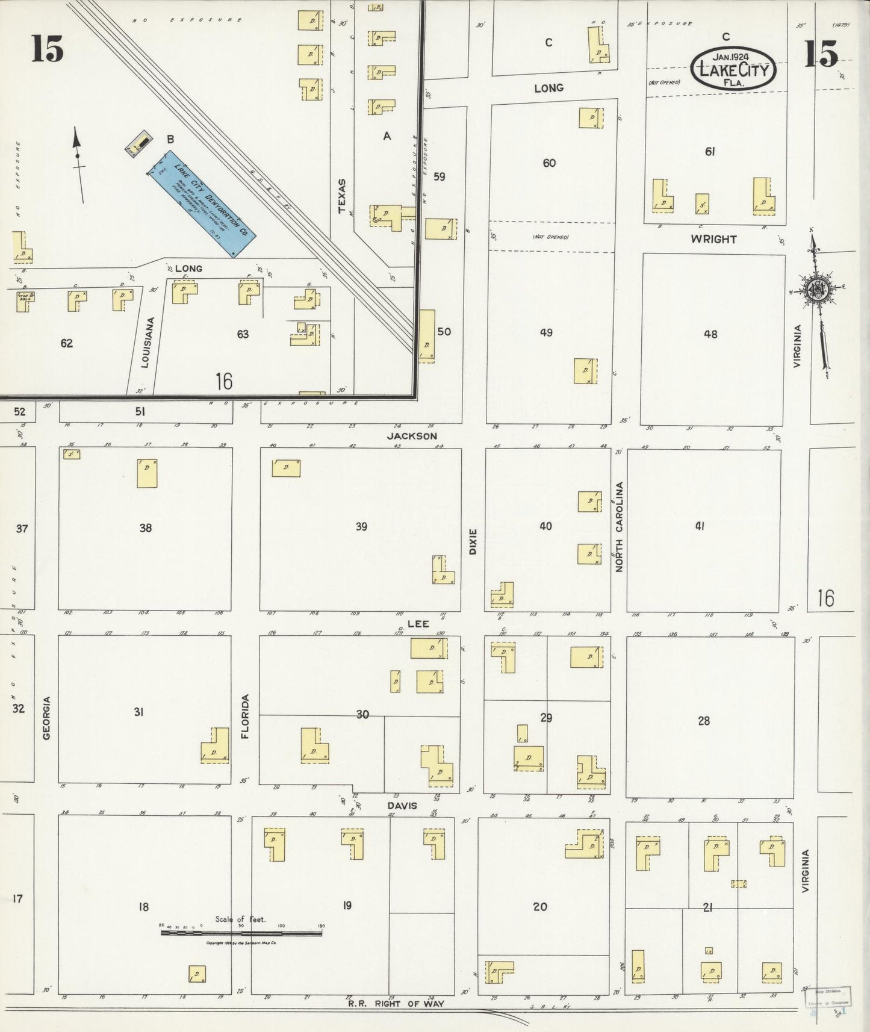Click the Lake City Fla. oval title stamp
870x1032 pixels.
733,68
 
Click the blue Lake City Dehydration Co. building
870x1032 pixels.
203,204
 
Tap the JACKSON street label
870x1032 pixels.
412,436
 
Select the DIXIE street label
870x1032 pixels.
473,541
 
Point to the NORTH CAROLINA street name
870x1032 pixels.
619,527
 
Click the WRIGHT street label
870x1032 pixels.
713,239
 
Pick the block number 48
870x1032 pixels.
710,334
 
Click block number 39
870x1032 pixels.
361,527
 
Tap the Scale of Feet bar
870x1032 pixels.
241,933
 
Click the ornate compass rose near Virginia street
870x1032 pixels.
818,290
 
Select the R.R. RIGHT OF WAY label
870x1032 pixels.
396,1003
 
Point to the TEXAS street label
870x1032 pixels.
343,196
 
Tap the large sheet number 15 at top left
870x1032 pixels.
48,49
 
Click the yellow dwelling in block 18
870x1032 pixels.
197,974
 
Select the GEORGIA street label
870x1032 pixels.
47,717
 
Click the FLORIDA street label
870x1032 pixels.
245,716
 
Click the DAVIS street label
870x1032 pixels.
402,806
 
